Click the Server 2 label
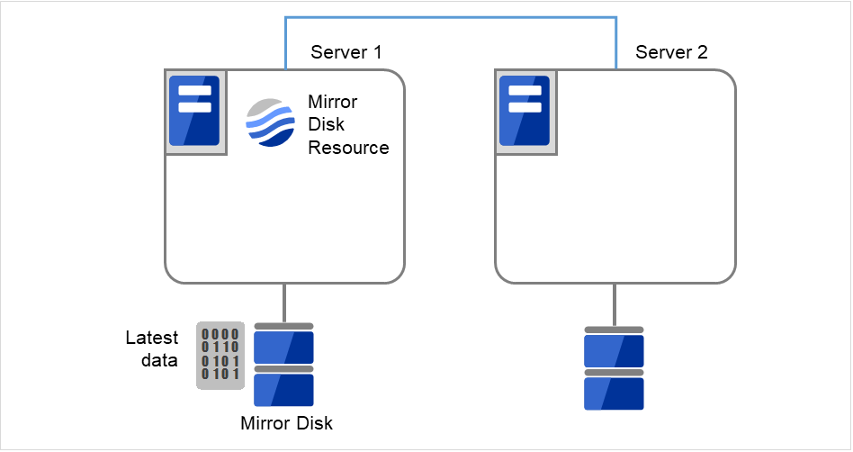click(x=671, y=52)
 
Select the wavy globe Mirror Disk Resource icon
click(x=271, y=123)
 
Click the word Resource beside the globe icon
click(x=348, y=148)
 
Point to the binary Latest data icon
click(x=220, y=355)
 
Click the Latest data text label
click(x=151, y=348)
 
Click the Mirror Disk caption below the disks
click(x=286, y=423)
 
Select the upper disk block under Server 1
click(x=283, y=347)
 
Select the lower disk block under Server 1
click(x=283, y=390)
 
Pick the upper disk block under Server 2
click(x=614, y=350)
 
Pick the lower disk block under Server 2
click(x=614, y=393)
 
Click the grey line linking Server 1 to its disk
click(x=284, y=303)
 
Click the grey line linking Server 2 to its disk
click(x=615, y=304)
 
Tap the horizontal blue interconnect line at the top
click(x=450, y=17)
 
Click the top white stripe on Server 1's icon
click(x=194, y=91)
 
